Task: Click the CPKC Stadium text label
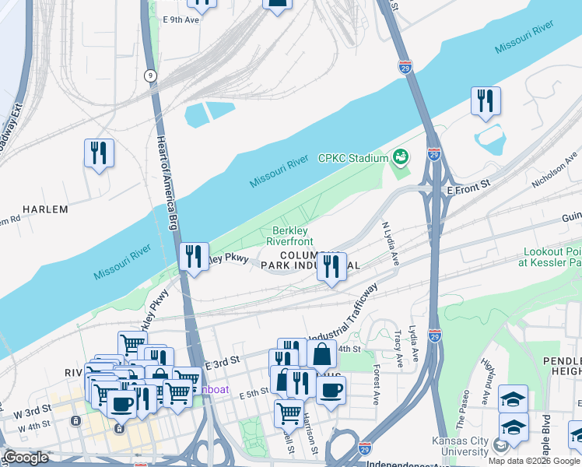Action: (x=352, y=159)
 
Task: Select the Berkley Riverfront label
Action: (x=290, y=237)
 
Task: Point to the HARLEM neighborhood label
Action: (x=45, y=209)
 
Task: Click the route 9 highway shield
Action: (x=149, y=75)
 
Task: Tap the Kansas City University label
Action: (x=460, y=446)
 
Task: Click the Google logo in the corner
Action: (x=25, y=458)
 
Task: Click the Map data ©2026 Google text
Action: (x=534, y=461)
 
